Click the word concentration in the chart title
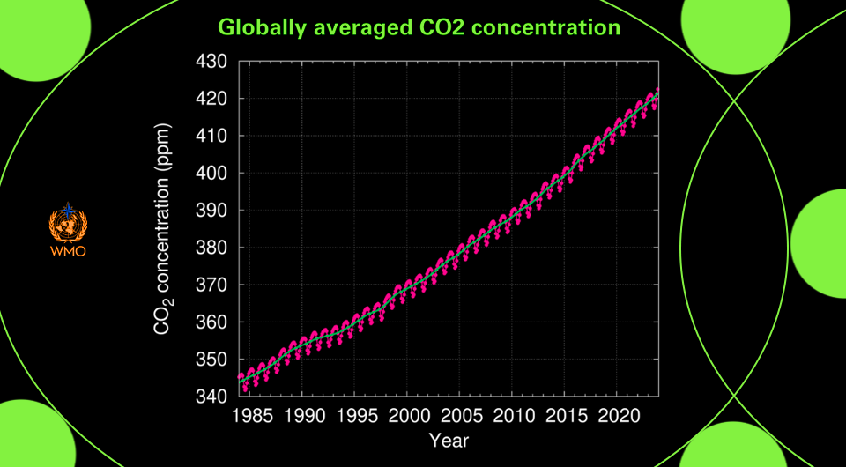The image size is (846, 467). (545, 28)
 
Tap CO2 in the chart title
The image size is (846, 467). (439, 28)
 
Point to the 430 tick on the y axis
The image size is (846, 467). (211, 63)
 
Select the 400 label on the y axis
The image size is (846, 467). (211, 174)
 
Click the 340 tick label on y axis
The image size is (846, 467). (211, 397)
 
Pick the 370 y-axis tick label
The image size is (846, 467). (211, 285)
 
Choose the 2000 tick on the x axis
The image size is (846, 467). (406, 415)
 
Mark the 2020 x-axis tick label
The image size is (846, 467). (615, 415)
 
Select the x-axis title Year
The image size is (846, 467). (449, 440)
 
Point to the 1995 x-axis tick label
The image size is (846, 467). (354, 415)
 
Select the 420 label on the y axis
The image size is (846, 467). (211, 100)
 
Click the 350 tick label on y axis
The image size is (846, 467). (211, 360)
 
